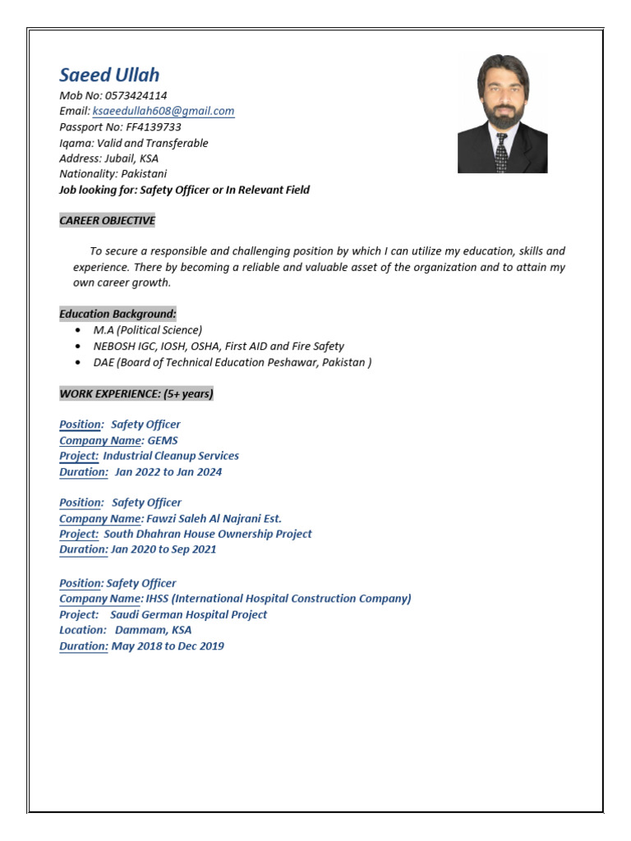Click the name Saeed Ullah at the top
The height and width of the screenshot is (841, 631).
[x=109, y=76]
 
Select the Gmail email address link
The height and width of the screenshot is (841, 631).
[x=164, y=111]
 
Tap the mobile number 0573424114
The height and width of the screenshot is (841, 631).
[x=136, y=95]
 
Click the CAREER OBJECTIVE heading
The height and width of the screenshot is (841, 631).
[x=107, y=220]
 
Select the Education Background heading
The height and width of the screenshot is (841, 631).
[x=117, y=314]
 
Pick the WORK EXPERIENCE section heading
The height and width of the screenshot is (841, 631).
[x=136, y=393]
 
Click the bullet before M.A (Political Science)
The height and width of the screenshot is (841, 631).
[x=77, y=330]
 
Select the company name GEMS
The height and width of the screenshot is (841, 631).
[x=163, y=440]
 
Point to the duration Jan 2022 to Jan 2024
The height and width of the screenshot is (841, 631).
[x=168, y=472]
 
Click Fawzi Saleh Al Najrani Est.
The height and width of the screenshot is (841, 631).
[x=214, y=518]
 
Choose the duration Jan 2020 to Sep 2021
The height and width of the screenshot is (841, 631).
[x=164, y=549]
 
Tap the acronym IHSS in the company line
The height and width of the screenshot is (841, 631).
[x=157, y=599]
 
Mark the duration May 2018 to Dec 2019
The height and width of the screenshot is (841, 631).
[x=168, y=646]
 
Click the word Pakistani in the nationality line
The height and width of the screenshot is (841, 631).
[x=144, y=174]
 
